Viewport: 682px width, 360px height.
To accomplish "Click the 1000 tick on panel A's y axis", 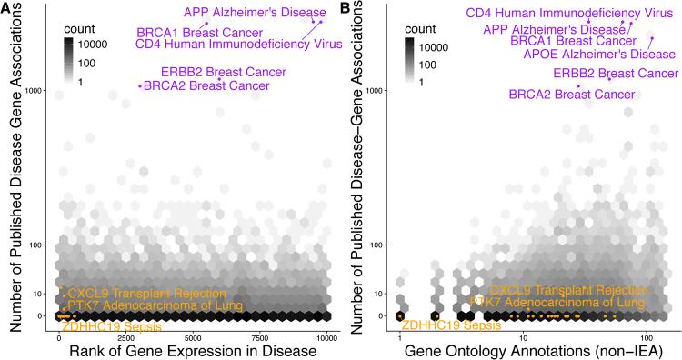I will pyautogui.click(x=36, y=90).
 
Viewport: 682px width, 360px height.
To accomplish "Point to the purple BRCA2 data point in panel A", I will pyautogui.click(x=139, y=86).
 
